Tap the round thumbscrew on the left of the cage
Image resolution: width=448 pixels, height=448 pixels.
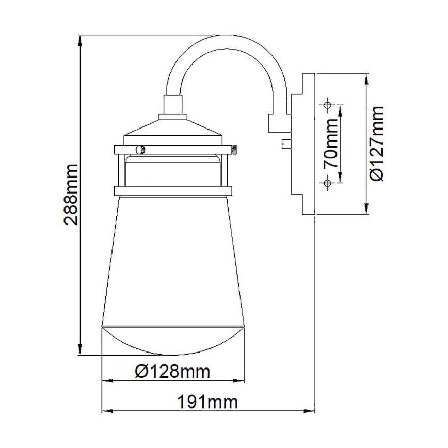(x=139, y=149)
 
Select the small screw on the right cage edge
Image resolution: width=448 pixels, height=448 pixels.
(x=233, y=150)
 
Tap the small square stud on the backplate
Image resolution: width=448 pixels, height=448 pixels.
(x=285, y=144)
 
